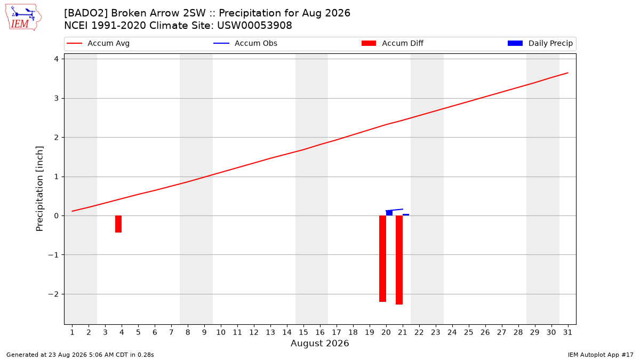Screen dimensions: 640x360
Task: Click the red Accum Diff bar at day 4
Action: tap(118, 224)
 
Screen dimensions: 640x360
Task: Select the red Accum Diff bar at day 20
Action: tap(382, 259)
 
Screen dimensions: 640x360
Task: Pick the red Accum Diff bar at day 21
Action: tap(399, 260)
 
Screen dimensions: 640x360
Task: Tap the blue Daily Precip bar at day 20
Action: tap(389, 213)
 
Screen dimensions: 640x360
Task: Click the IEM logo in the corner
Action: tap(23, 17)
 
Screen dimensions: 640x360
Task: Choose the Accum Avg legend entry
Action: tap(98, 43)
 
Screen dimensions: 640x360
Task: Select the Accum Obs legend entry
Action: tap(245, 43)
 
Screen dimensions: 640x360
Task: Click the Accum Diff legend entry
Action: tap(393, 43)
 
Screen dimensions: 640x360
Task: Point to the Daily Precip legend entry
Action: tap(540, 43)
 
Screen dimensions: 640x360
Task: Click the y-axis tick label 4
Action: tap(56, 59)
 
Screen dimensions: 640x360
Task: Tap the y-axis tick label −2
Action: tap(53, 294)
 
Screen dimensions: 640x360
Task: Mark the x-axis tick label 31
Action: tap(567, 332)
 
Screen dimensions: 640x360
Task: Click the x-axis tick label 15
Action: tap(303, 332)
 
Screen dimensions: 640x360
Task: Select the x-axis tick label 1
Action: tap(73, 332)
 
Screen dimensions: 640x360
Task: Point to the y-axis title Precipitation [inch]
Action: tap(39, 189)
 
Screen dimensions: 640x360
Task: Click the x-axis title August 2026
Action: tap(319, 343)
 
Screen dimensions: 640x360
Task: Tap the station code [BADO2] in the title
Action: tap(86, 13)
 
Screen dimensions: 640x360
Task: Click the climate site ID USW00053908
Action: tap(254, 26)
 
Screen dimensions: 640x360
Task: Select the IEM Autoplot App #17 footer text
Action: tap(601, 355)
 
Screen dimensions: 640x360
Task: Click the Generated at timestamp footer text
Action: tap(80, 355)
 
